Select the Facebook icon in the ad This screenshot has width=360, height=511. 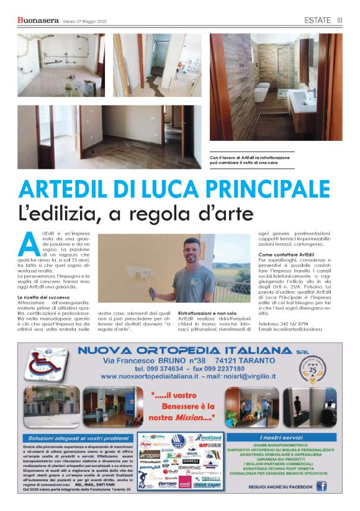pyautogui.click(x=322, y=486)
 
